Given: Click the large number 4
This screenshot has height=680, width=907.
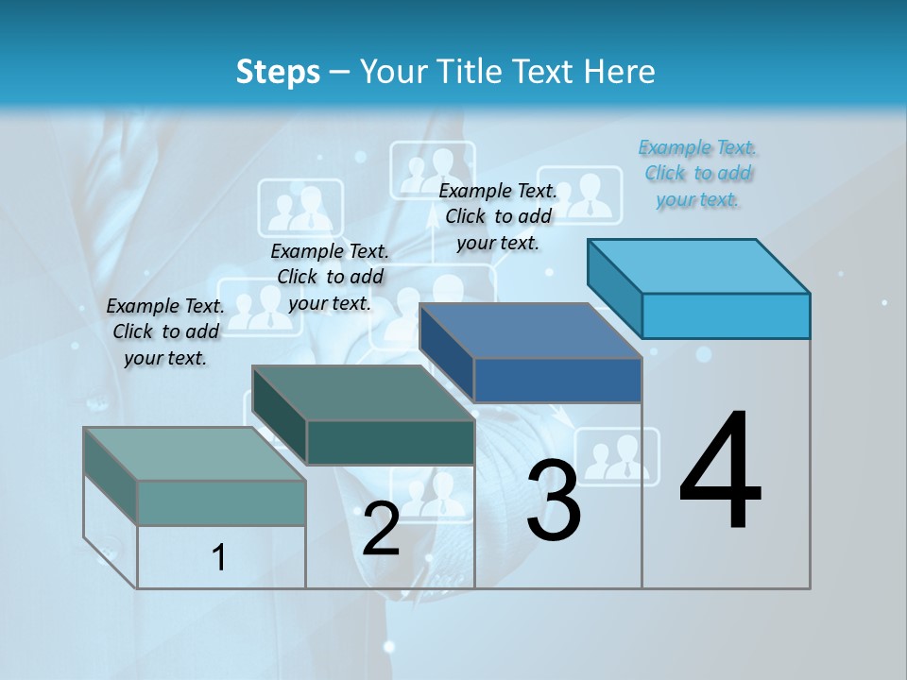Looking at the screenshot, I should [720, 473].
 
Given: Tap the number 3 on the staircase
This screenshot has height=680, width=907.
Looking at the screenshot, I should [554, 501].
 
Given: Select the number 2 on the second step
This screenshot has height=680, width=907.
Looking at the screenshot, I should [381, 529].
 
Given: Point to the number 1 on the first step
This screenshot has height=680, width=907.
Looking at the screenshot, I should [219, 558].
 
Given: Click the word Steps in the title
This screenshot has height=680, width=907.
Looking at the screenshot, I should [278, 72].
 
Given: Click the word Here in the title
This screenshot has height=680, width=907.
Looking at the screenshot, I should [621, 72].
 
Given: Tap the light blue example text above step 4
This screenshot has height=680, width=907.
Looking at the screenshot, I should [697, 174].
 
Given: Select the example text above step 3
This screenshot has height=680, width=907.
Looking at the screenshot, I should [498, 216].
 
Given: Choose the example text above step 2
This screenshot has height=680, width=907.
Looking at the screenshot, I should [330, 277].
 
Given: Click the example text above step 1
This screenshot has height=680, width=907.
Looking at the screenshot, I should [165, 331].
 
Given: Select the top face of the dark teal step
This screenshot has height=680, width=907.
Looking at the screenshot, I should [364, 393].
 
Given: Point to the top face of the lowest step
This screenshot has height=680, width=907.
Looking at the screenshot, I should [196, 454].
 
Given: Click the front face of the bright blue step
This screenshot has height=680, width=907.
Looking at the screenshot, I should [726, 315].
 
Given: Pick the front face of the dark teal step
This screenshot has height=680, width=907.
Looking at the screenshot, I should [390, 442].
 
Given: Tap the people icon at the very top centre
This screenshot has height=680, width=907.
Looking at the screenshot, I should [433, 170].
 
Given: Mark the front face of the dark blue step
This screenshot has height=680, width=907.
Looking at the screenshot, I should [557, 380].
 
